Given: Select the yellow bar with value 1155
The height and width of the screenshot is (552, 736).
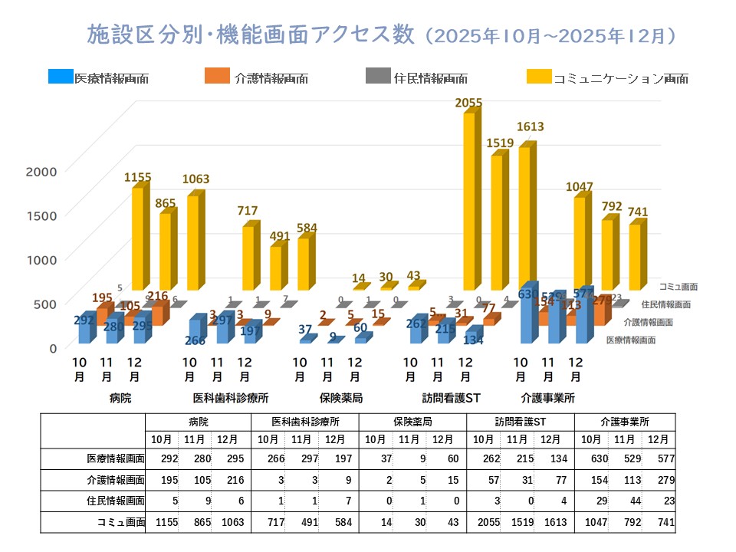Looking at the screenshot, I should [x=137, y=238].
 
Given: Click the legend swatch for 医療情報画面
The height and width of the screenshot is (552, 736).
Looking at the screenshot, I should [x=60, y=77].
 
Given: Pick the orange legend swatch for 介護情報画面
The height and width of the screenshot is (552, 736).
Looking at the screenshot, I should [x=217, y=77].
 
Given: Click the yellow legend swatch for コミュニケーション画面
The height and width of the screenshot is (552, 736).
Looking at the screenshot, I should [x=539, y=77].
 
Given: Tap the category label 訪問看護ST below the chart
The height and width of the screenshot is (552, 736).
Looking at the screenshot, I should [x=451, y=399].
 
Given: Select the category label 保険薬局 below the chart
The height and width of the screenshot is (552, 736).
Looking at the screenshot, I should [x=340, y=399].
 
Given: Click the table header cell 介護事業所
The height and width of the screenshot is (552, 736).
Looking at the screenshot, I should [x=625, y=422].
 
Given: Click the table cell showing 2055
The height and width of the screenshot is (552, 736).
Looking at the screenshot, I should [x=483, y=523].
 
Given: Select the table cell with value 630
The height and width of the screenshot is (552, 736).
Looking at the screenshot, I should [x=590, y=458].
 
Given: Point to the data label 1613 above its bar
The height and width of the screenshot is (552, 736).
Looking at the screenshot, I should [x=531, y=127].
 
